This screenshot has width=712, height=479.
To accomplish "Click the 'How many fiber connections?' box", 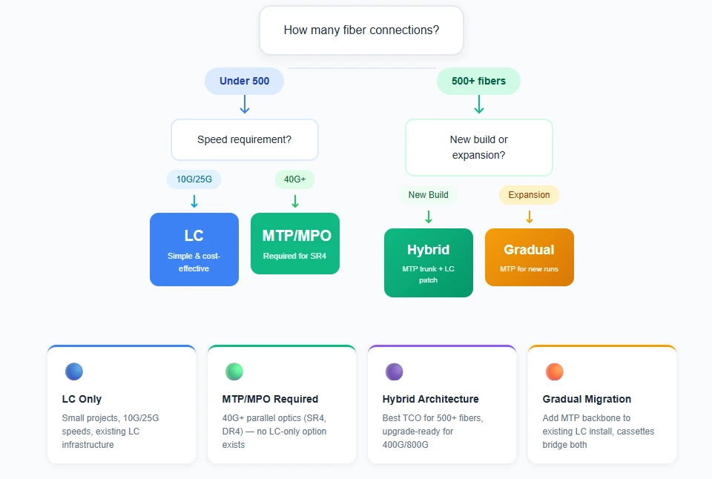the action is pyautogui.click(x=361, y=30).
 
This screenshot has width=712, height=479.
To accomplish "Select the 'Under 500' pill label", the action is pyautogui.click(x=244, y=81).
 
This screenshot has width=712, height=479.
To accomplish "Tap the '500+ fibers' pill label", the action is pyautogui.click(x=478, y=81).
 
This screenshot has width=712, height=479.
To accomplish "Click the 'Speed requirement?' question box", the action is pyautogui.click(x=244, y=139).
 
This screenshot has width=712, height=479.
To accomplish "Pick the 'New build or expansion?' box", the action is pyautogui.click(x=478, y=147).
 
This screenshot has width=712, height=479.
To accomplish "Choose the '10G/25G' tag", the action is pyautogui.click(x=194, y=179).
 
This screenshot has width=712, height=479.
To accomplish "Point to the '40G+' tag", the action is pyautogui.click(x=294, y=179).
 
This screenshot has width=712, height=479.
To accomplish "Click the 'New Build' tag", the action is pyautogui.click(x=428, y=195).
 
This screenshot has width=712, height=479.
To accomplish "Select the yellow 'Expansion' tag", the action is pyautogui.click(x=529, y=195).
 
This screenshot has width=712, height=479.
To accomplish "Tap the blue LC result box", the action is pyautogui.click(x=194, y=249).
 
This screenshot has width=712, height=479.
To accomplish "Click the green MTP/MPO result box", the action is pyautogui.click(x=294, y=243).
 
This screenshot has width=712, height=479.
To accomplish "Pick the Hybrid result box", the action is pyautogui.click(x=428, y=262).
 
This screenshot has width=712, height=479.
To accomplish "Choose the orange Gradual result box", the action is pyautogui.click(x=529, y=257).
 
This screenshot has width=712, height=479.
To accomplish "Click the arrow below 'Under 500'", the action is pyautogui.click(x=244, y=104).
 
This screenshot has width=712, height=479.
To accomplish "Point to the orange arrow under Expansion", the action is pyautogui.click(x=529, y=217).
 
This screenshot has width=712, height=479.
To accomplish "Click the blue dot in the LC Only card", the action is pyautogui.click(x=74, y=371).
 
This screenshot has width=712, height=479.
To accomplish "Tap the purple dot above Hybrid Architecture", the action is pyautogui.click(x=394, y=371).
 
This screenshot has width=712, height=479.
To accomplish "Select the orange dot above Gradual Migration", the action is pyautogui.click(x=555, y=371).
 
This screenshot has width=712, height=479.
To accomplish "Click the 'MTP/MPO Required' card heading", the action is pyautogui.click(x=270, y=399).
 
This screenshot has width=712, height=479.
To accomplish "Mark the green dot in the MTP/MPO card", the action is pyautogui.click(x=234, y=371).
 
